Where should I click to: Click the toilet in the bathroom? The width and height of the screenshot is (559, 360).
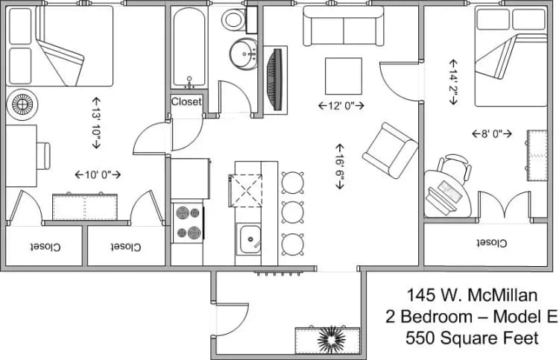pyautogui.click(x=234, y=19)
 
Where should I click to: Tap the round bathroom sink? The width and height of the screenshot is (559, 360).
pyautogui.click(x=243, y=54)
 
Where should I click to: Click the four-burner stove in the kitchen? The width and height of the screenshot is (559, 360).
pyautogui.click(x=188, y=223)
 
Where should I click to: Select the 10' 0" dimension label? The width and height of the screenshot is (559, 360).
pyautogui.click(x=98, y=174)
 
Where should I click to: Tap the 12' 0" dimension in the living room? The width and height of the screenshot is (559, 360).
pyautogui.click(x=341, y=106)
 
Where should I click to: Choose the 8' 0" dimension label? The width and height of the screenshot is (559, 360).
pyautogui.click(x=492, y=134)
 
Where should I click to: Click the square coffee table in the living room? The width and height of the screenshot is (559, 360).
pyautogui.click(x=344, y=76)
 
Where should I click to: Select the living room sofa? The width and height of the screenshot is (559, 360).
pyautogui.click(x=343, y=28)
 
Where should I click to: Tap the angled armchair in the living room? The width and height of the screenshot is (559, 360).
pyautogui.click(x=390, y=150)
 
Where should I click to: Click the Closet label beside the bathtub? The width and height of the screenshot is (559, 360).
pyautogui.click(x=186, y=102)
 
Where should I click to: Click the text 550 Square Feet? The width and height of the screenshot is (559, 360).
pyautogui.click(x=471, y=338)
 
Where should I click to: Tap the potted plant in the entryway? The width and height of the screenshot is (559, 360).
pyautogui.click(x=330, y=340)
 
